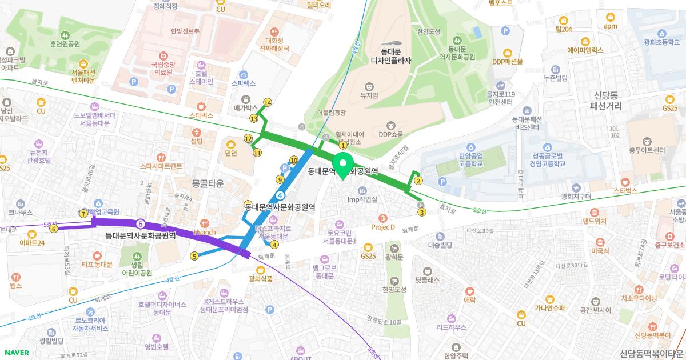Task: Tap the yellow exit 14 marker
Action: click(267, 102)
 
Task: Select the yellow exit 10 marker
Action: click(294, 161)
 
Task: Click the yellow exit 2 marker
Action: click(418, 182)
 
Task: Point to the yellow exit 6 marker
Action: click(54, 229)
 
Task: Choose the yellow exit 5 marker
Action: click(194, 256)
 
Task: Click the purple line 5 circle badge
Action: click(140, 223)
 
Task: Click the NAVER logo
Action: click(15, 352)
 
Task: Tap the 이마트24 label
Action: click(32, 243)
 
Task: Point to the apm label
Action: click(611, 26)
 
